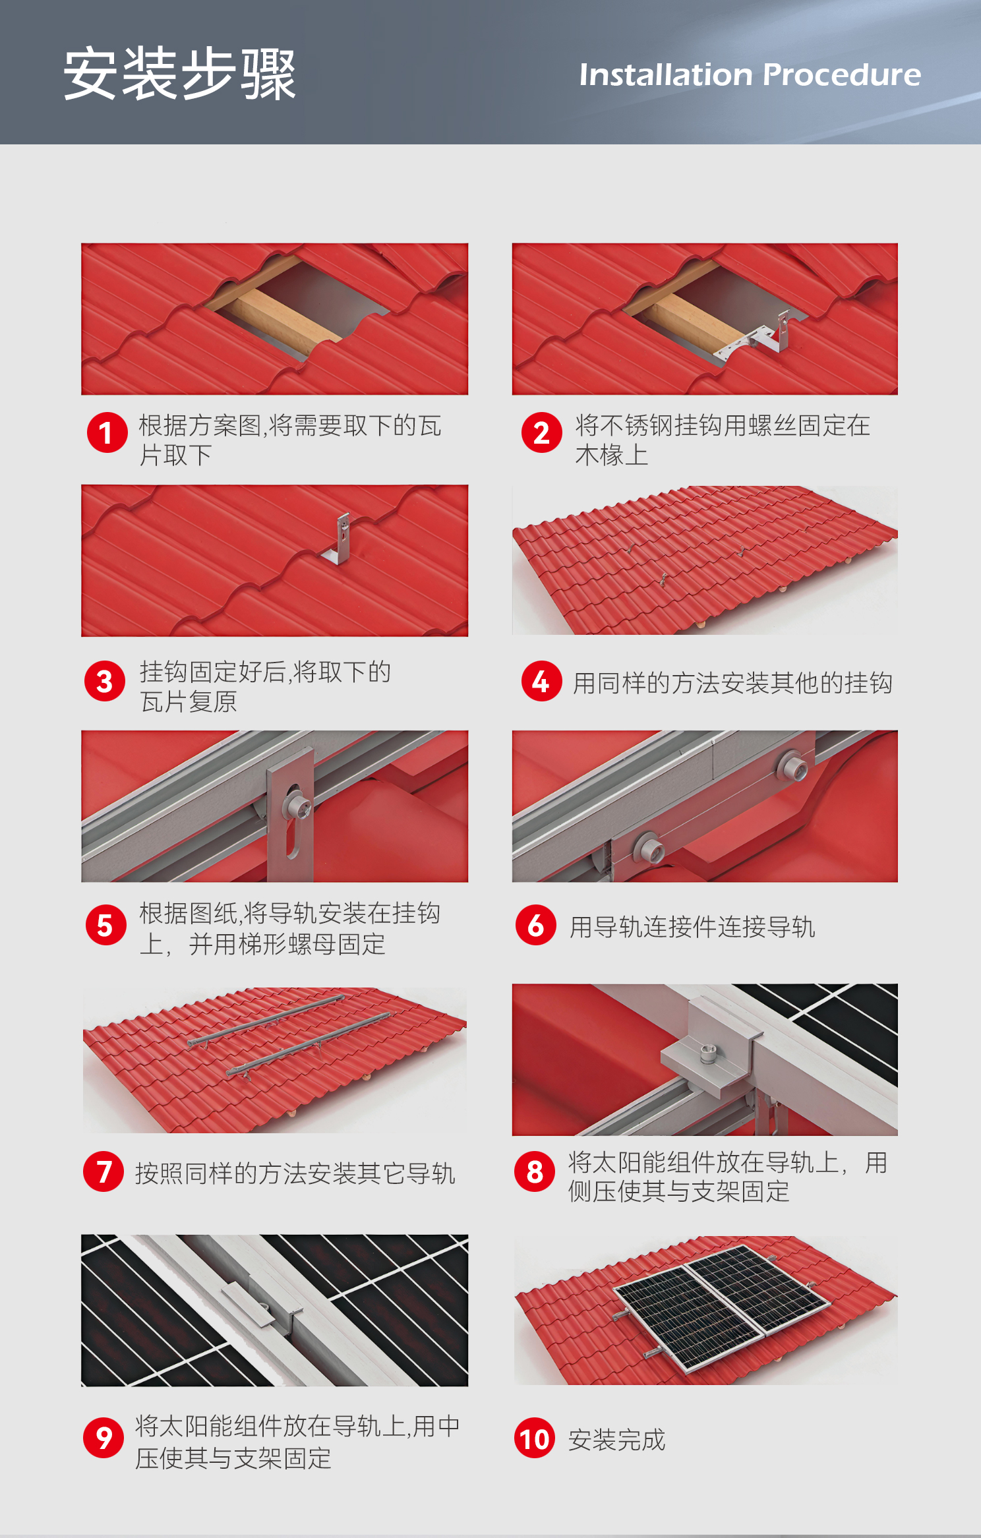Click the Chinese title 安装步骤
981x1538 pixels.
pyautogui.click(x=179, y=74)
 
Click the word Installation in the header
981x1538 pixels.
pyautogui.click(x=665, y=74)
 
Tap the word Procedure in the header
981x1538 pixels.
pyautogui.click(x=842, y=74)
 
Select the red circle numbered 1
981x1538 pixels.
pyautogui.click(x=107, y=432)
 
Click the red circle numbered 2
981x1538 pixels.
pyautogui.click(x=541, y=432)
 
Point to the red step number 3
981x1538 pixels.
pyautogui.click(x=105, y=681)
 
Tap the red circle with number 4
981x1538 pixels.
pyautogui.click(x=541, y=681)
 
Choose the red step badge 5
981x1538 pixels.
pyautogui.click(x=106, y=925)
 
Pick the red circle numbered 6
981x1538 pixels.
pyautogui.click(x=536, y=925)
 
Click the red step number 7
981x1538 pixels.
pyautogui.click(x=104, y=1171)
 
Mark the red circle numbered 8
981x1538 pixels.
pyautogui.click(x=535, y=1171)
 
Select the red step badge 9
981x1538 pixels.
pyautogui.click(x=104, y=1438)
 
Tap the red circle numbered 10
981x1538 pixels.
pyautogui.click(x=535, y=1438)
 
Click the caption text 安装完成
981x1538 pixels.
pyautogui.click(x=617, y=1440)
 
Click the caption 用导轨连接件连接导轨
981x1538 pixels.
pyautogui.click(x=693, y=927)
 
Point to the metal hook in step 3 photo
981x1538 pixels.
pyautogui.click(x=339, y=540)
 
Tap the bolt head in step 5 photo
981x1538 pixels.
pyautogui.click(x=298, y=805)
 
